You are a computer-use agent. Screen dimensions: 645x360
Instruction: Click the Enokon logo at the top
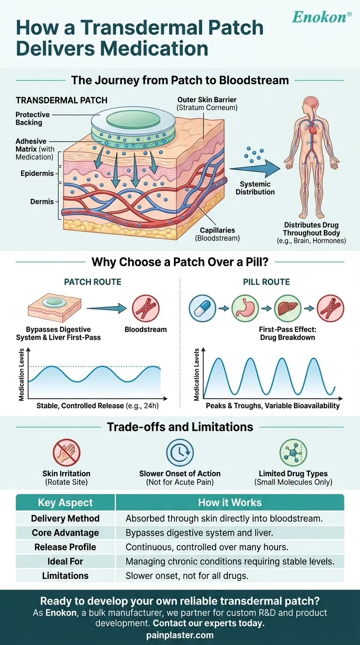322,17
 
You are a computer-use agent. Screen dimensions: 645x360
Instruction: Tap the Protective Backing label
29,119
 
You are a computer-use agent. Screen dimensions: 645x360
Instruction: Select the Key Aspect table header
65,502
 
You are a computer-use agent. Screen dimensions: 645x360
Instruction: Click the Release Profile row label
65,547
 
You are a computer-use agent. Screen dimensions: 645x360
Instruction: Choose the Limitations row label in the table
65,575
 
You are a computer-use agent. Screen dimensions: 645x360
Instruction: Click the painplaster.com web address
180,636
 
